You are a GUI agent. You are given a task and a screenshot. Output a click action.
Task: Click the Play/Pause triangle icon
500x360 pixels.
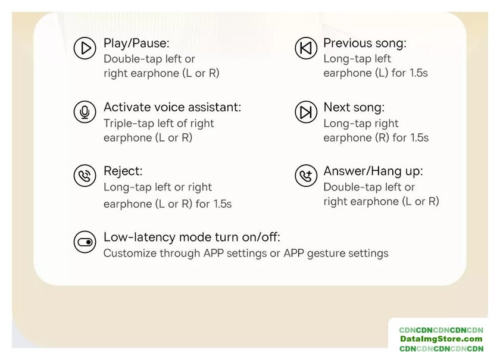pos(85,48)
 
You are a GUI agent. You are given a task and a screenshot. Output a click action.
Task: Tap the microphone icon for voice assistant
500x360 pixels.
pos(85,112)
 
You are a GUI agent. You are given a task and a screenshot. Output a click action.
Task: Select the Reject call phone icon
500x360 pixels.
pos(85,176)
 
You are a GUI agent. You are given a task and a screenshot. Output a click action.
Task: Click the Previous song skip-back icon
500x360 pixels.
pos(306,48)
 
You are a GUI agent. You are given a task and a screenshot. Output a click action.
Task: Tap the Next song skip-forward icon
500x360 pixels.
pos(306,112)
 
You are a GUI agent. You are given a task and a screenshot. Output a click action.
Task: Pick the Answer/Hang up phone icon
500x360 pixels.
pos(306,176)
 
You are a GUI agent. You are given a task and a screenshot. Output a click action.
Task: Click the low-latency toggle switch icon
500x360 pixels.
pos(85,242)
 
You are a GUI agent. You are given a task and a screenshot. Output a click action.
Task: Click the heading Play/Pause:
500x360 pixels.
pos(136,43)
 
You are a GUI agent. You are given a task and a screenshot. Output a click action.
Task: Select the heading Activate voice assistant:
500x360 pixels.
pos(173,107)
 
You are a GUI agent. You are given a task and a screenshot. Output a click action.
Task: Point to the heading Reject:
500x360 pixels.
pos(123,171)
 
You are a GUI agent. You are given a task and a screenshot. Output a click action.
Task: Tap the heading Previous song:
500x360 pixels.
pos(365,43)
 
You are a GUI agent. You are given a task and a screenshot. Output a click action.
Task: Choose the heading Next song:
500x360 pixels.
pos(354,108)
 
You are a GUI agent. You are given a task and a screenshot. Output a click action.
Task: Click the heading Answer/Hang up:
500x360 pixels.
pos(373,171)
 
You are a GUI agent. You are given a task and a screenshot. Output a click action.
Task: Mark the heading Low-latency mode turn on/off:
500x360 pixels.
pos(192,237)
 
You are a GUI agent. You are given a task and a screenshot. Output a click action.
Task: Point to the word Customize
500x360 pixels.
pos(130,253)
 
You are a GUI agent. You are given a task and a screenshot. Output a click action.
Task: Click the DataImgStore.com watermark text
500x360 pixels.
pos(441,339)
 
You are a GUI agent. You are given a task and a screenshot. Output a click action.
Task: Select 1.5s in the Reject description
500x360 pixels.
pos(223,204)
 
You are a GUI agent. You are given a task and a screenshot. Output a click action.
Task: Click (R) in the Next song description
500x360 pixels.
pos(382,137)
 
